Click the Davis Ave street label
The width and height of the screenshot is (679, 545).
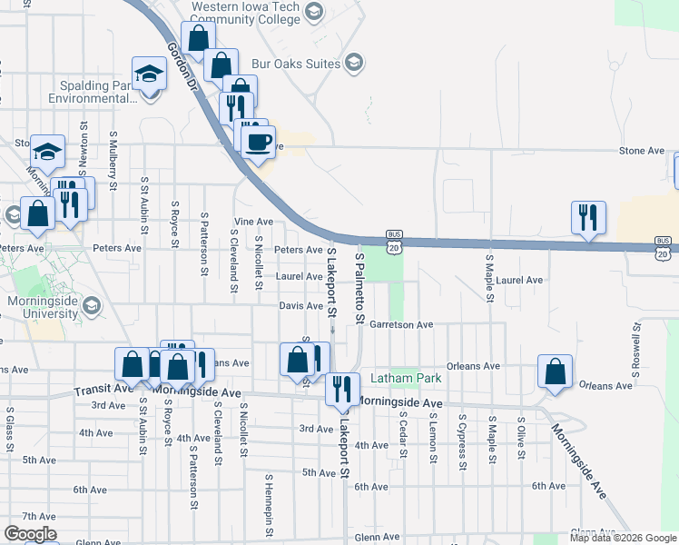pyautogui.click(x=301, y=306)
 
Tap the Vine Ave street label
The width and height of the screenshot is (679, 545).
pyautogui.click(x=253, y=222)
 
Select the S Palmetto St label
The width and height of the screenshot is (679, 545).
pyautogui.click(x=359, y=290)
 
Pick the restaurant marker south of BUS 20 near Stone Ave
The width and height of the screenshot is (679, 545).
pyautogui.click(x=587, y=217)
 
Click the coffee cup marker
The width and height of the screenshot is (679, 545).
pyautogui.click(x=259, y=141)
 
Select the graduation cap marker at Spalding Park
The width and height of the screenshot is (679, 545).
pyautogui.click(x=149, y=74)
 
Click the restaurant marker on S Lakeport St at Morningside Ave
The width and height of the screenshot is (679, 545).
pyautogui.click(x=342, y=389)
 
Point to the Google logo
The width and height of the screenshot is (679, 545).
pyautogui.click(x=29, y=534)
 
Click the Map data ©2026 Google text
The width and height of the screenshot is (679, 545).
pyautogui.click(x=622, y=538)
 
